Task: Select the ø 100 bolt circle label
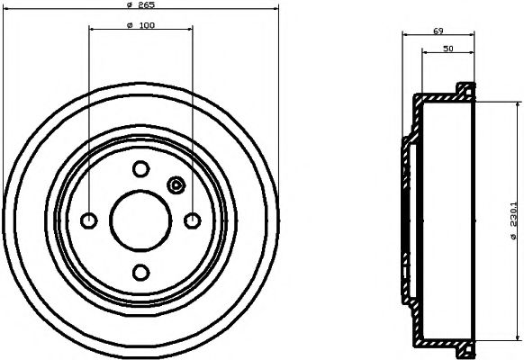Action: point(140,25)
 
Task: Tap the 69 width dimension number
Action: point(438,31)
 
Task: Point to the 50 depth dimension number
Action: point(447,49)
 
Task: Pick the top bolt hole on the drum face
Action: point(140,168)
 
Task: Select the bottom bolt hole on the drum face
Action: point(140,272)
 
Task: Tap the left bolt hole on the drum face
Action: point(89,220)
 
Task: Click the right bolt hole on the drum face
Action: point(192,220)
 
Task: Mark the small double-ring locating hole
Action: point(176,186)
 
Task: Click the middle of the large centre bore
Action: point(140,220)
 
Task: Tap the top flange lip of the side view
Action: point(465,90)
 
